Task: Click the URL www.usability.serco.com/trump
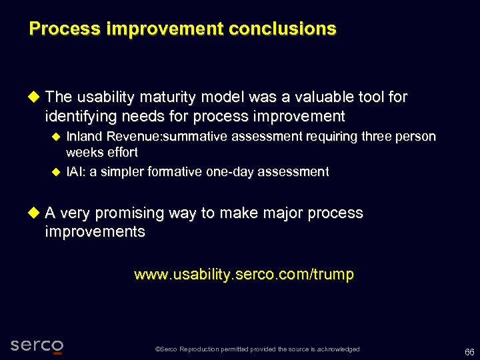pyautogui.click(x=244, y=275)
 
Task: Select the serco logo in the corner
pyautogui.click(x=37, y=345)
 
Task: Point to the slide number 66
pyautogui.click(x=469, y=351)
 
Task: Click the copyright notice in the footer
pyautogui.click(x=257, y=349)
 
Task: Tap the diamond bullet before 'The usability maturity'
pyautogui.click(x=35, y=97)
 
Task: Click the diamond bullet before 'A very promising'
pyautogui.click(x=35, y=213)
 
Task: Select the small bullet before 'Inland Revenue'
pyautogui.click(x=56, y=137)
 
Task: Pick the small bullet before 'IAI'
pyautogui.click(x=56, y=172)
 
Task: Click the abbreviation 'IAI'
pyautogui.click(x=75, y=172)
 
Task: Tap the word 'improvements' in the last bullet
pyautogui.click(x=95, y=232)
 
